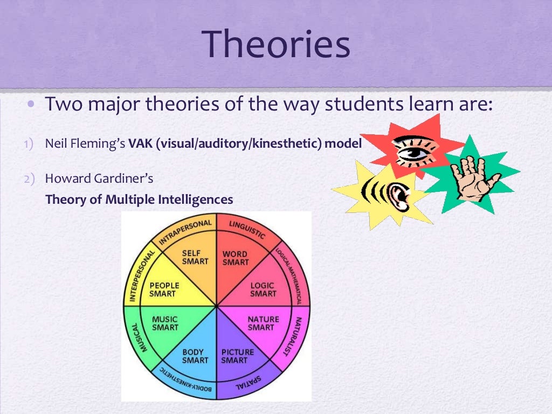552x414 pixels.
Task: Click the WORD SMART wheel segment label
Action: [x=235, y=258]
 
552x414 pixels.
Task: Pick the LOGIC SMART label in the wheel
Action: [x=263, y=289]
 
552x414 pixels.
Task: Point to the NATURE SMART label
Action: [x=263, y=323]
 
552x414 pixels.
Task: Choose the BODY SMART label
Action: [x=195, y=356]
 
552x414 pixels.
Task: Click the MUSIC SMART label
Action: [x=164, y=323]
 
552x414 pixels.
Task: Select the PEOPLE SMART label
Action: [x=164, y=289]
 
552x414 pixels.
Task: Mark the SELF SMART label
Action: [x=195, y=257]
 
